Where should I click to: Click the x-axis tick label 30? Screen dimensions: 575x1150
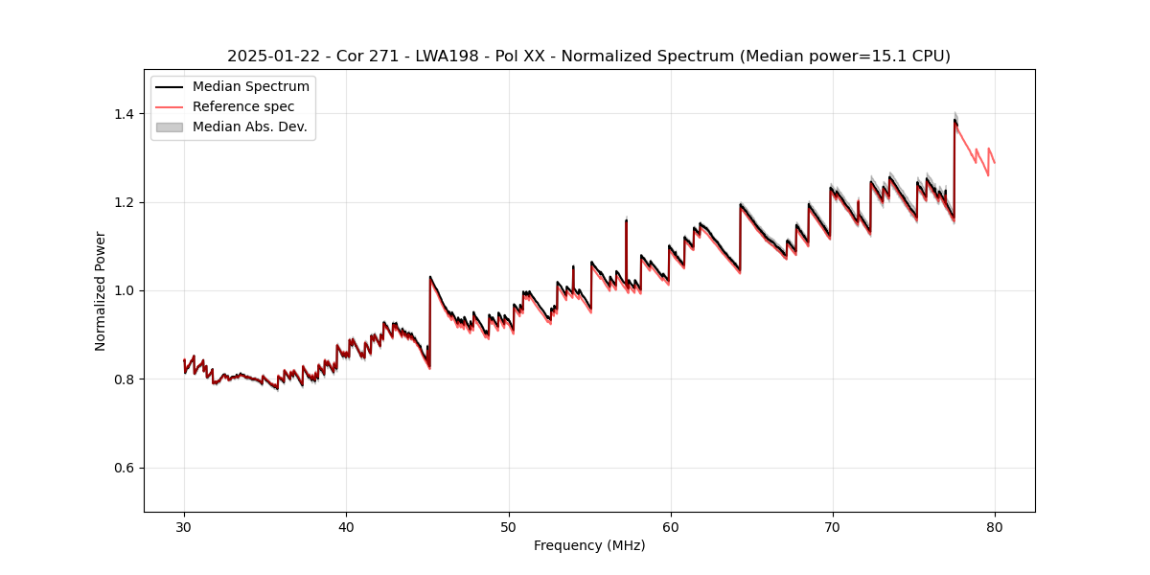[x=184, y=526]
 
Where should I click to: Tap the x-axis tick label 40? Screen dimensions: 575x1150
[x=346, y=526]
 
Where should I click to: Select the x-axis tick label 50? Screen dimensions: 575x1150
[x=508, y=526]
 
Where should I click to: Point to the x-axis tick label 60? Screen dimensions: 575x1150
[x=670, y=526]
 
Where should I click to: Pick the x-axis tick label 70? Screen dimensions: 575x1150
[x=832, y=526]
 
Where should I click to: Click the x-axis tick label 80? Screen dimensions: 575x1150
[x=994, y=526]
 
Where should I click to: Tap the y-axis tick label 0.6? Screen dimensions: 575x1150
[x=125, y=468]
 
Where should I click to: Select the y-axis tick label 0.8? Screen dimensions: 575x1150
[x=125, y=379]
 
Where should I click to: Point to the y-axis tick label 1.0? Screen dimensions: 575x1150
[x=125, y=290]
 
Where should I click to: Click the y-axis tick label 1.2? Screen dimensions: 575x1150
[x=125, y=202]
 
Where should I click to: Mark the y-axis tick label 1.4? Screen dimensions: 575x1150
[x=125, y=114]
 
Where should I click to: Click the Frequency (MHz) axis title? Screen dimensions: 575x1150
[x=589, y=545]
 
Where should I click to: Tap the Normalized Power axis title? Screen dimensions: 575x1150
[x=101, y=290]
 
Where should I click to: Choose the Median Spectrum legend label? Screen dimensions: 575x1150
[x=251, y=87]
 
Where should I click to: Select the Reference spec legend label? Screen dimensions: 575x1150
[x=243, y=106]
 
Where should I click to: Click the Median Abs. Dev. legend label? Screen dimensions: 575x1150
[x=250, y=126]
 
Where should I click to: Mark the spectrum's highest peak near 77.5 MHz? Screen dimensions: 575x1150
[x=954, y=120]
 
